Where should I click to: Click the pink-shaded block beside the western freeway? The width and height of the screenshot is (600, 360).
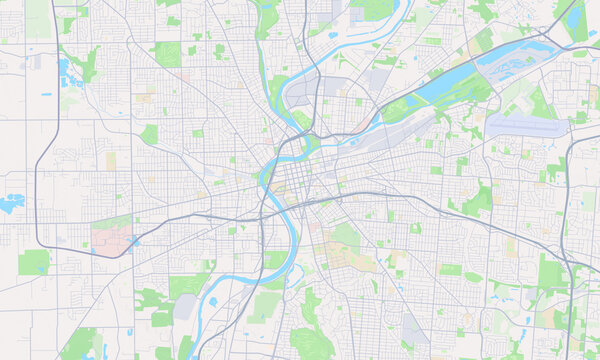(x=112, y=238)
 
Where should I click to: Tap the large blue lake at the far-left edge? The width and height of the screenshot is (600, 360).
(x=11, y=204)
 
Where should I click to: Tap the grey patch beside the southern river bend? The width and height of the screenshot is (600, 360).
(x=186, y=307)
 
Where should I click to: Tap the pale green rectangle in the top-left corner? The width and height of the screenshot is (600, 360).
(x=38, y=20)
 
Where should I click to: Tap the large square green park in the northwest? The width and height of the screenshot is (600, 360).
(x=167, y=54)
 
